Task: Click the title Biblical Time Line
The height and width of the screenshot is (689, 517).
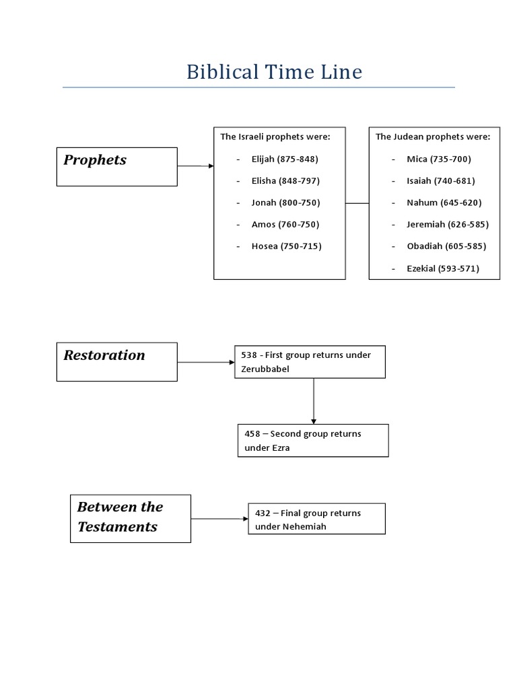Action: [274, 72]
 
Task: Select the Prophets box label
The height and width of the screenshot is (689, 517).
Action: [95, 160]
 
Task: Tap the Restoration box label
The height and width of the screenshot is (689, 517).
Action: [104, 355]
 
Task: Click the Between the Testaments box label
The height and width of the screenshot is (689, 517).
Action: [120, 517]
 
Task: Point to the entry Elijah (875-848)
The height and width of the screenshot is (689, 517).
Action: [285, 159]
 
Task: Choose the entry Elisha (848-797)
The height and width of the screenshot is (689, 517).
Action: [285, 181]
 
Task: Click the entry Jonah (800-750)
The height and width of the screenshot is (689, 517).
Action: [285, 203]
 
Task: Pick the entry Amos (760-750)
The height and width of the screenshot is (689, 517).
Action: [285, 224]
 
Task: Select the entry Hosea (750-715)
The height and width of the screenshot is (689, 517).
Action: [286, 246]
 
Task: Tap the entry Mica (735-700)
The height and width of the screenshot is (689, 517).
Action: [439, 159]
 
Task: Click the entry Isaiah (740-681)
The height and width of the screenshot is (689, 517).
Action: [441, 181]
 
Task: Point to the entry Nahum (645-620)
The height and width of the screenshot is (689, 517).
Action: [444, 203]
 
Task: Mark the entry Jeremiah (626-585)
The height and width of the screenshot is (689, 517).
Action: [448, 224]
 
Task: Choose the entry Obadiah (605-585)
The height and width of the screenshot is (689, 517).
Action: [446, 246]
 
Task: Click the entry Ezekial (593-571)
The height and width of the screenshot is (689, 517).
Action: [443, 268]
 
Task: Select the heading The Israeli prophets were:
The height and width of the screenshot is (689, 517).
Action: [275, 137]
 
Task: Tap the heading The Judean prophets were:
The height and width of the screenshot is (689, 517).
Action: [433, 137]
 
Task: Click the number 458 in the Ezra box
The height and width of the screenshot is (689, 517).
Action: [252, 434]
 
